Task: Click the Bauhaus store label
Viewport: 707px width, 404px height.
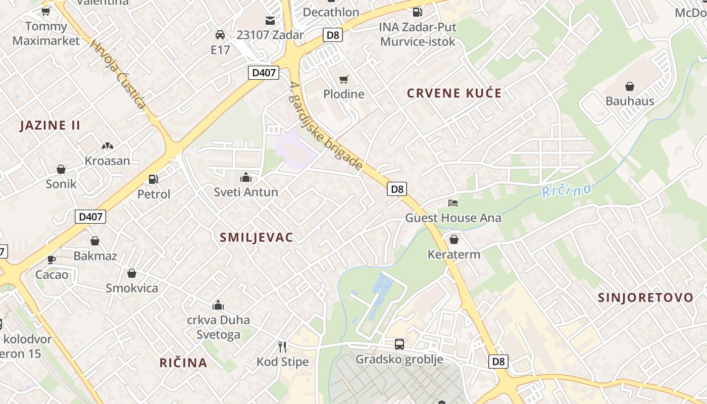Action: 630,101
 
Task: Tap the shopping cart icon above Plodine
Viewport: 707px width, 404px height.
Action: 344,79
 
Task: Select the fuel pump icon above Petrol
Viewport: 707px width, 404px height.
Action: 153,179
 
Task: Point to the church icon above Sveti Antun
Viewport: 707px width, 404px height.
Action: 246,177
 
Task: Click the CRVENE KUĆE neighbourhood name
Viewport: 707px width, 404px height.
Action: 454,93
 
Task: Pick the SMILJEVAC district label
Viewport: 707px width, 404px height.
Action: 257,238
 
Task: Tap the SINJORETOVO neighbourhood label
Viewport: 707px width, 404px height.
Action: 645,297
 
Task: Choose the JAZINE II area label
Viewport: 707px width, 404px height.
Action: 50,126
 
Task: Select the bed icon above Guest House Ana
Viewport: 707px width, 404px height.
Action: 453,203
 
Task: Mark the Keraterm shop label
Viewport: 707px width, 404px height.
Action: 454,255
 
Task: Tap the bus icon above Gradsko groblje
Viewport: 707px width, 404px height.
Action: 399,344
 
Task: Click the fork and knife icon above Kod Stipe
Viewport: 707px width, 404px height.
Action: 282,346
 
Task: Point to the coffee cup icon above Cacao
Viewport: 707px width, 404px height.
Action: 51,260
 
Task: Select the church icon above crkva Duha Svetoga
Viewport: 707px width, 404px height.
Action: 218,305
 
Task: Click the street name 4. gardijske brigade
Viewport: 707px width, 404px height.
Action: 326,126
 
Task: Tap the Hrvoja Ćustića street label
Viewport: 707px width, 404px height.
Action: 118,74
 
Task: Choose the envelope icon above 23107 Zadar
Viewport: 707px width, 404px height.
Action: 270,21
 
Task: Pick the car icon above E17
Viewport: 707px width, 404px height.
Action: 220,35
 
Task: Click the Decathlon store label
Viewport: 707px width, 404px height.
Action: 331,12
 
